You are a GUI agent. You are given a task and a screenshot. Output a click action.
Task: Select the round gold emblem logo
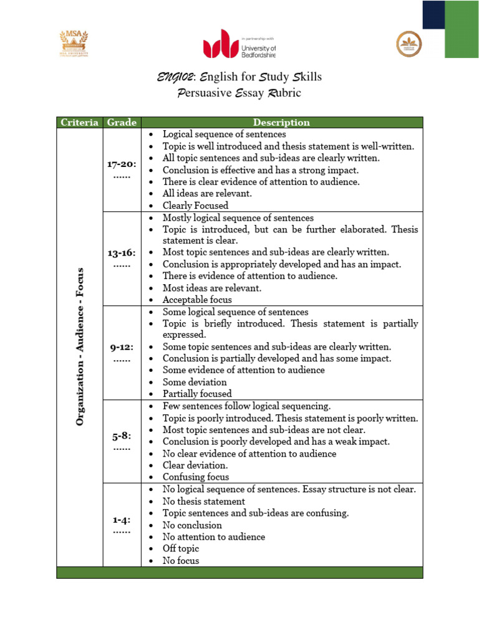[x=409, y=44]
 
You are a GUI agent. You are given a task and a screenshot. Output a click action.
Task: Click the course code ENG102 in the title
[x=177, y=77]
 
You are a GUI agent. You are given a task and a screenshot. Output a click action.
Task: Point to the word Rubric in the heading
[x=285, y=93]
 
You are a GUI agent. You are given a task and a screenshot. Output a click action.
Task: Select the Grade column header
[x=122, y=123]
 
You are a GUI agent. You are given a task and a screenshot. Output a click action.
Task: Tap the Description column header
[x=281, y=123]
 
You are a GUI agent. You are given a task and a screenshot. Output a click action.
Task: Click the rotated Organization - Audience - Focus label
[x=80, y=347]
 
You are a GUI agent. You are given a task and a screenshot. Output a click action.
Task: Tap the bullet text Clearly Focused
[x=195, y=206]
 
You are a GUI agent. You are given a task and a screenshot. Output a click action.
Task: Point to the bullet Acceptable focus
[x=197, y=300]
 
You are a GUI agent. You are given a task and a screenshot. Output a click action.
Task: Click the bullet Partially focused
[x=197, y=394]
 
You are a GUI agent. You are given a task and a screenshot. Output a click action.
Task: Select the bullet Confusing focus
[x=196, y=477]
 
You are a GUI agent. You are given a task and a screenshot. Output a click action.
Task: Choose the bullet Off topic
[x=181, y=548]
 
